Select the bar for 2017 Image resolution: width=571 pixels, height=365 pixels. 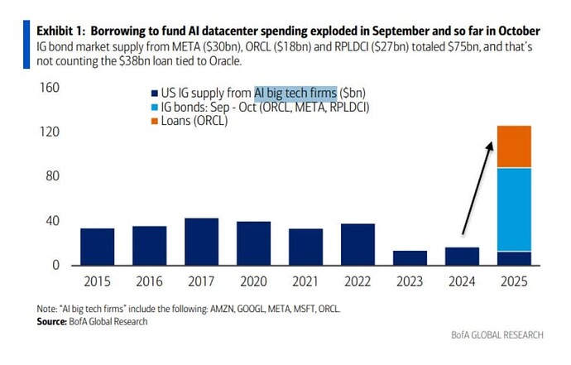point(201,242)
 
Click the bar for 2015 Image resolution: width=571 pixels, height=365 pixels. point(97,247)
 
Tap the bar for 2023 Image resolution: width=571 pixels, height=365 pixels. point(410,257)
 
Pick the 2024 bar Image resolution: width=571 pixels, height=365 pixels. point(462,256)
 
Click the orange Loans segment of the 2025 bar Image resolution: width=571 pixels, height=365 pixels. point(514,146)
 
